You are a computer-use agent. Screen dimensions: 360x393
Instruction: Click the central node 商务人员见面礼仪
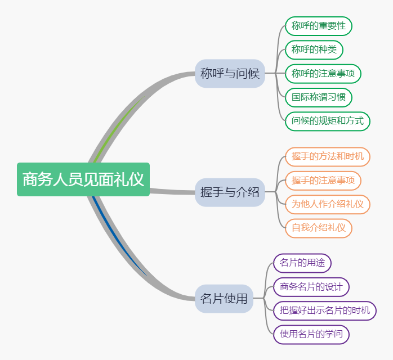click(x=83, y=179)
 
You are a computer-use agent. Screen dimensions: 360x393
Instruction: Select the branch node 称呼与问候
click(x=230, y=73)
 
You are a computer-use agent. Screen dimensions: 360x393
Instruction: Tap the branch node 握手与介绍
click(x=230, y=192)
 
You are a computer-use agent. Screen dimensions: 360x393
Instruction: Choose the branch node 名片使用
click(x=224, y=299)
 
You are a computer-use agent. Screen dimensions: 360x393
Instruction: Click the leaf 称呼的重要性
click(x=319, y=26)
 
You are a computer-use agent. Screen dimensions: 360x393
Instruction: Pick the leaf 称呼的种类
click(x=314, y=49)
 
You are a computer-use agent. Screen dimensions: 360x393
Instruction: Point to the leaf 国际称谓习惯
click(x=319, y=97)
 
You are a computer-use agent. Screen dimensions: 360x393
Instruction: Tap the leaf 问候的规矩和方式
click(x=328, y=120)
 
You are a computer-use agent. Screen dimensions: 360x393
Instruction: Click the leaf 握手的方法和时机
click(x=328, y=156)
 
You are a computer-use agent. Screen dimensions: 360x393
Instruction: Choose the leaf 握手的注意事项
click(x=323, y=181)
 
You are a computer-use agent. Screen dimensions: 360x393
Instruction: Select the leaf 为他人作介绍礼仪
click(x=328, y=204)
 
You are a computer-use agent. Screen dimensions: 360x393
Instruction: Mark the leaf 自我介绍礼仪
click(x=319, y=228)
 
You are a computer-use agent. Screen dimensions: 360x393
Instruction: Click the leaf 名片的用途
click(x=302, y=263)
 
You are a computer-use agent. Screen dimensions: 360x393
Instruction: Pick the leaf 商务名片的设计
click(x=311, y=287)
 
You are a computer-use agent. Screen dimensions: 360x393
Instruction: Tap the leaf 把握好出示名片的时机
click(x=325, y=310)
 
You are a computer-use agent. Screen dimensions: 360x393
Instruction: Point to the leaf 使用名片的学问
click(x=311, y=334)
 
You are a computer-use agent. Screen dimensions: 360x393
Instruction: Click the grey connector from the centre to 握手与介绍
click(x=172, y=191)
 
